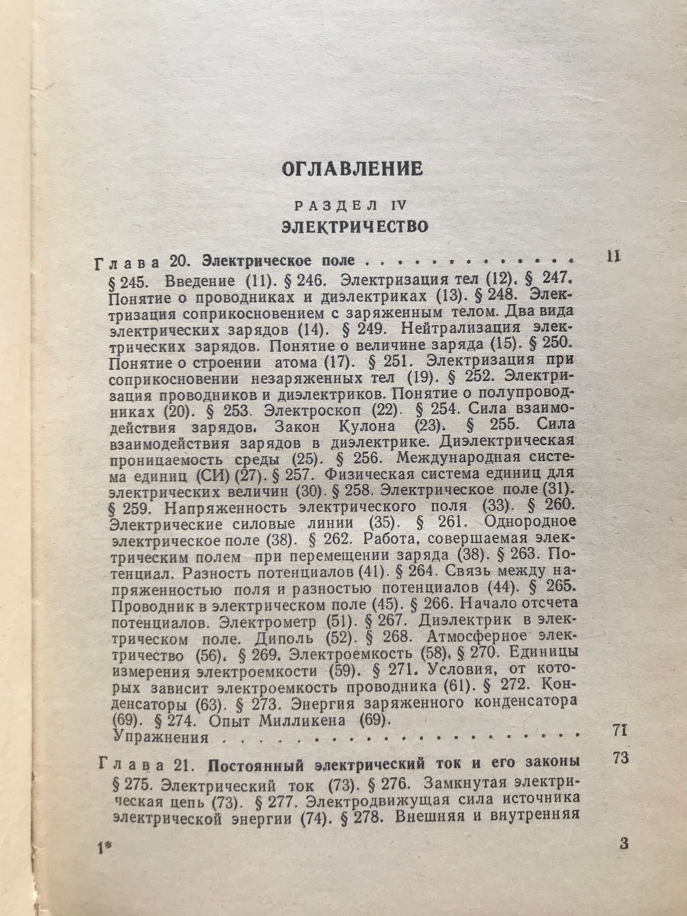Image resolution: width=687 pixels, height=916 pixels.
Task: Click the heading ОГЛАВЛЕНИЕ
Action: (352, 169)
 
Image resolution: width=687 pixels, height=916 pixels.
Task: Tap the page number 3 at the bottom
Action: (623, 857)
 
